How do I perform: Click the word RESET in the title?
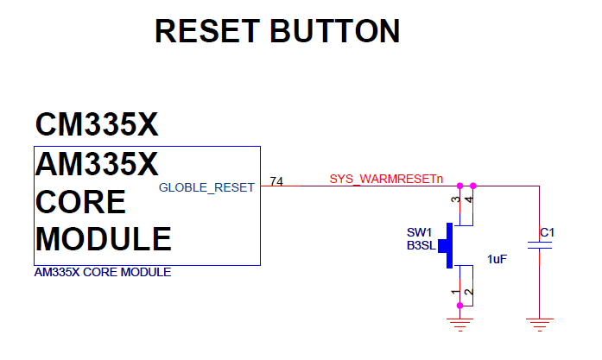[207, 31]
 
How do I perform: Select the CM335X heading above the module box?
[97, 124]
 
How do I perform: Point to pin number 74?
[276, 181]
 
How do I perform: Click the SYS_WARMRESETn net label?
[386, 180]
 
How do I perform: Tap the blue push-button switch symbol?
[447, 244]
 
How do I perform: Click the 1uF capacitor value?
[497, 259]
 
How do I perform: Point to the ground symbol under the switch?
[459, 324]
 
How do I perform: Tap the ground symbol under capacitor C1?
[539, 324]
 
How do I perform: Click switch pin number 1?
[455, 294]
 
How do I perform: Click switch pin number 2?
[469, 294]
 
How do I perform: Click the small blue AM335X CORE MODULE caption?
[102, 273]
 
